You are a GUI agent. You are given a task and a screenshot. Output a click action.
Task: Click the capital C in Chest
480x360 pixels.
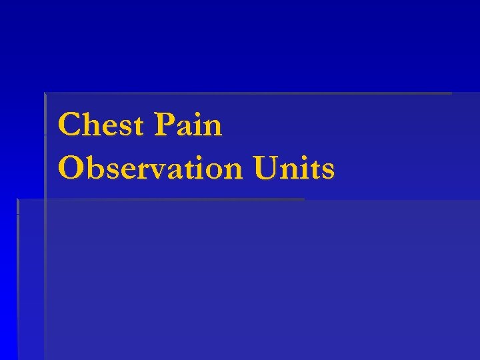pyautogui.click(x=69, y=125)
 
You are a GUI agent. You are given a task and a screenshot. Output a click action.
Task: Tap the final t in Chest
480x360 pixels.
pyautogui.click(x=137, y=127)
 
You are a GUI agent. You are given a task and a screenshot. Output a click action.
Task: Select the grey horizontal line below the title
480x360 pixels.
pyautogui.click(x=160, y=199)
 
